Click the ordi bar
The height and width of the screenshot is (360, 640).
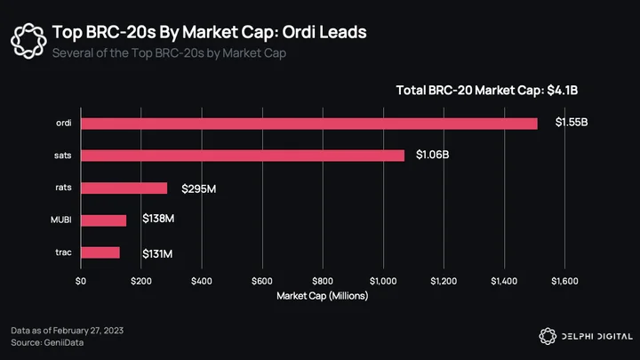tap(309, 124)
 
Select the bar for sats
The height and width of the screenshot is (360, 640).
tap(243, 156)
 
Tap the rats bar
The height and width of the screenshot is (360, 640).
tap(124, 188)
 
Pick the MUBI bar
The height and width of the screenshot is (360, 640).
tap(104, 220)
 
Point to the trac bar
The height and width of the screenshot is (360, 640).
tap(100, 252)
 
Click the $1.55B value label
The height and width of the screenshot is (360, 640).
tap(572, 122)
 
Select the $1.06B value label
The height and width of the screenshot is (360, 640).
tap(432, 155)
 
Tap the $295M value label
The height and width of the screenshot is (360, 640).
tap(199, 189)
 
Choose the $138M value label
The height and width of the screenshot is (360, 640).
tap(158, 219)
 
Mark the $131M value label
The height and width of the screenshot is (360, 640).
tap(157, 254)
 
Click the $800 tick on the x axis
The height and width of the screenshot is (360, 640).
tap(323, 281)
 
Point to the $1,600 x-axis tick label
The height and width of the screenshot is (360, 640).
tap(564, 281)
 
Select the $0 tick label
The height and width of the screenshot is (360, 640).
tap(81, 281)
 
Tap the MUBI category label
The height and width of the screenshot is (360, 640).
tap(61, 220)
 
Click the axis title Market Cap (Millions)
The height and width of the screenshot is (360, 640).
tap(323, 296)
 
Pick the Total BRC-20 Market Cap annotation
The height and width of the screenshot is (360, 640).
tap(487, 90)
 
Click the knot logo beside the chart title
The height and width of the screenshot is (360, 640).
tap(28, 41)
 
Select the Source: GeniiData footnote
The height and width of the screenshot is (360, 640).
tap(47, 342)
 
